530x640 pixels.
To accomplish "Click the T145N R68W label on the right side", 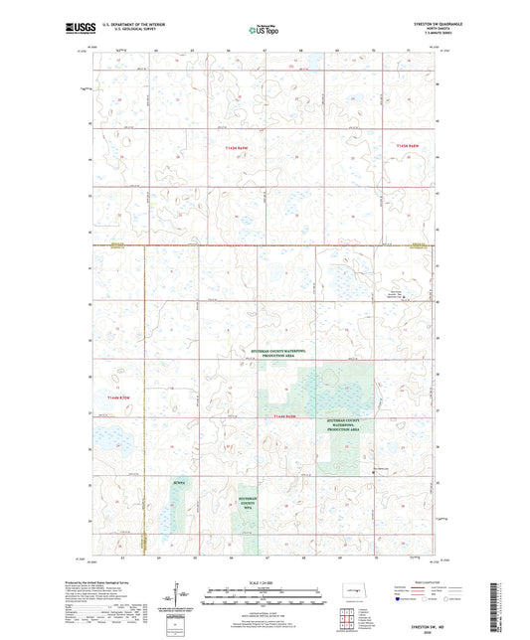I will (416, 145).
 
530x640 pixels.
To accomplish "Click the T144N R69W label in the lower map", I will (286, 416).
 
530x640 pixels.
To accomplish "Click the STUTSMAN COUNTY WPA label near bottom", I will (254, 506).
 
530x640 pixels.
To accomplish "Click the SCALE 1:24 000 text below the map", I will (265, 581).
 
